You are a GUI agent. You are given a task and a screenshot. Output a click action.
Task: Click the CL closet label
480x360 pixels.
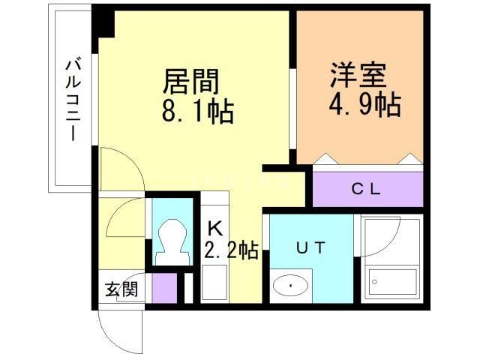pos(367,189)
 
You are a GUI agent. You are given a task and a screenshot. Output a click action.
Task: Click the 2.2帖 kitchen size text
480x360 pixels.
pos(231,250)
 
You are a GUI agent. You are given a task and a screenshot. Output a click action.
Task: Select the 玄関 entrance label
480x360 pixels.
pos(121,289)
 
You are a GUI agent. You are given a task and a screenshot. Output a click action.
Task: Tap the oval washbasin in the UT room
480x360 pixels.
pos(292,286)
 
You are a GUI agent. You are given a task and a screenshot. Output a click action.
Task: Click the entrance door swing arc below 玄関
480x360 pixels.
pos(120,330)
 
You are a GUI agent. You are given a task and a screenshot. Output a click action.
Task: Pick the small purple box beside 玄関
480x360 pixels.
pos(163,288)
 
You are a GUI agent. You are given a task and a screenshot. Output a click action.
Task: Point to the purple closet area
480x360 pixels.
pos(367,189)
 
